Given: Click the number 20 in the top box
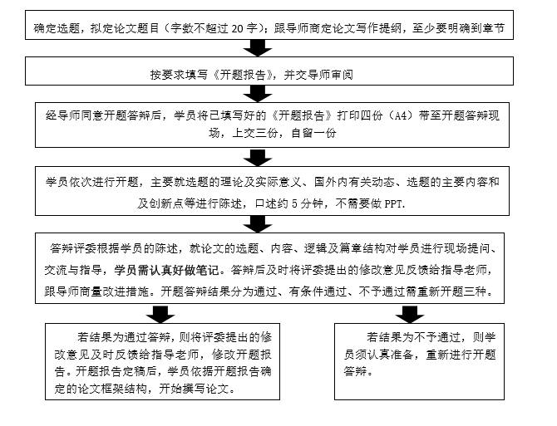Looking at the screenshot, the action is (238, 28).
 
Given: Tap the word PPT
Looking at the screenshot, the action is (394, 203).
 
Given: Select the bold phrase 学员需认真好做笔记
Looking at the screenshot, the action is (166, 270).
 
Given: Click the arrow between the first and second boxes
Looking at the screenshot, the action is (258, 48).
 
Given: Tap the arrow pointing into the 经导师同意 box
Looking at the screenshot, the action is (258, 94).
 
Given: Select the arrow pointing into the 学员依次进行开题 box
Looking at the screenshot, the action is (258, 157).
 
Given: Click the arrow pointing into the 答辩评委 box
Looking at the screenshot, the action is (258, 224).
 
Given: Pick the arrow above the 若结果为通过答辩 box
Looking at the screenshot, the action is (160, 314).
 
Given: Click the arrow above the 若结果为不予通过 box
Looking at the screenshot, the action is (410, 314).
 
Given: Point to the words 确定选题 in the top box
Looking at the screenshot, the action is (57, 28).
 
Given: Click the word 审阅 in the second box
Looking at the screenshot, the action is (342, 75).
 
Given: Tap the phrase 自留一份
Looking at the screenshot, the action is (313, 133).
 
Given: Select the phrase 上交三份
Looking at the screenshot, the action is (254, 133).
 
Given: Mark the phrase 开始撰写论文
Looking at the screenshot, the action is (194, 389).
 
